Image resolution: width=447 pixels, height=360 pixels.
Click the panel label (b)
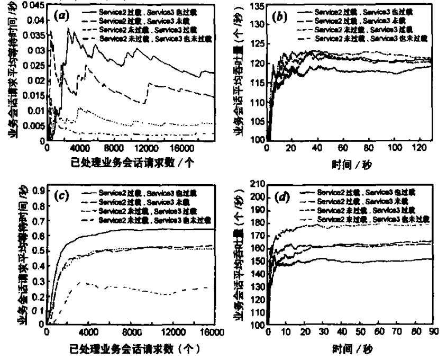(x=281, y=16)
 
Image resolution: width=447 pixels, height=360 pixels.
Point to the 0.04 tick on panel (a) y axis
(x=37, y=21)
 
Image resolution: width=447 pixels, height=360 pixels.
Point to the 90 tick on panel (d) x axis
(x=433, y=332)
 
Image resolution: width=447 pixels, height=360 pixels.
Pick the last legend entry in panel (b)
(x=370, y=39)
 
